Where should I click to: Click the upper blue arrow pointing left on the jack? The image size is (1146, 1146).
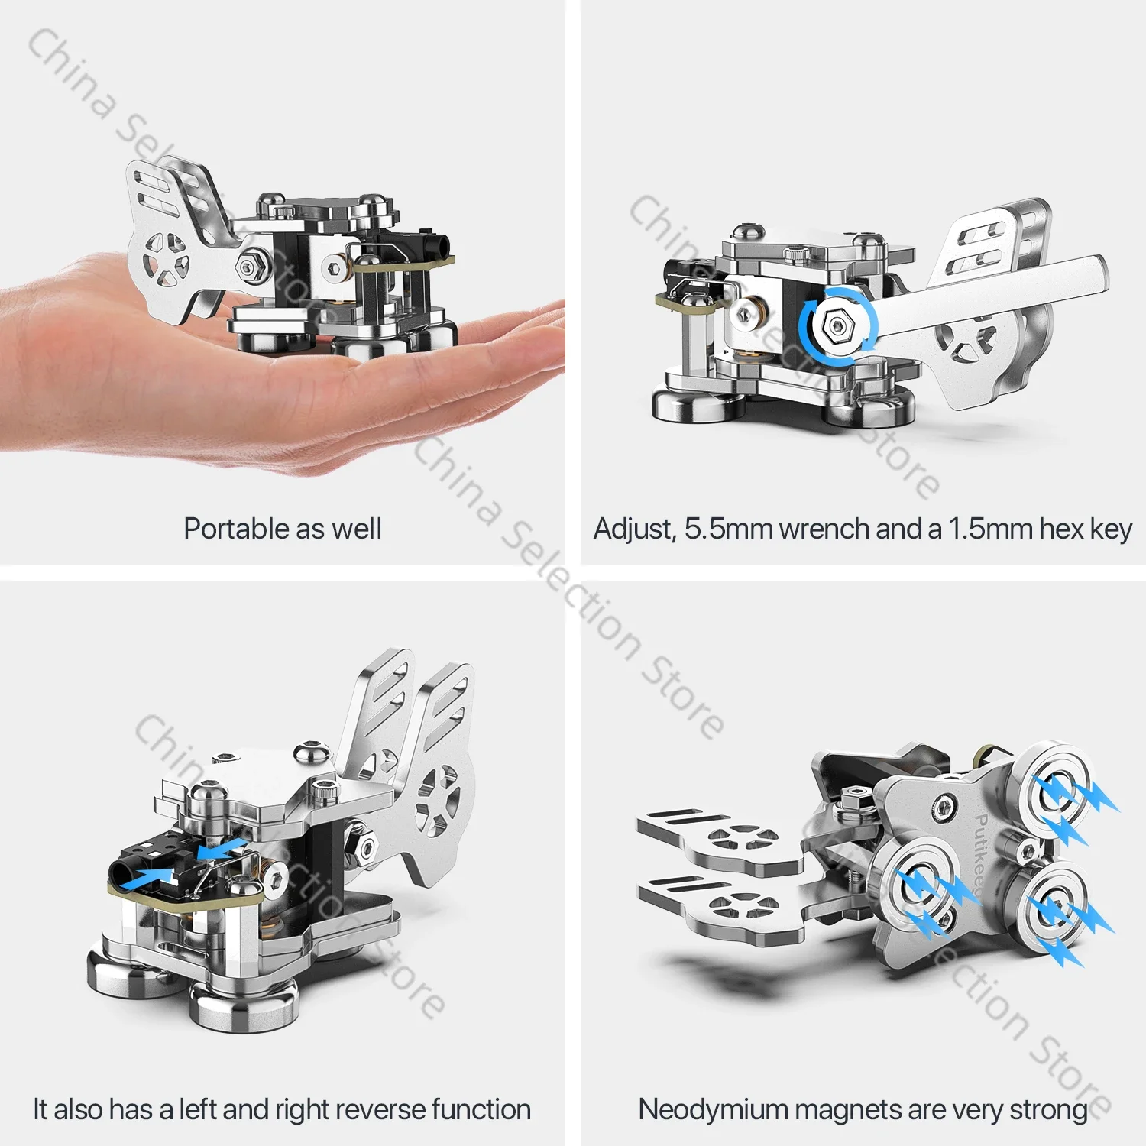(x=221, y=847)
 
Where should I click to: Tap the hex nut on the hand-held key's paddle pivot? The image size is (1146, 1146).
(x=249, y=267)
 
